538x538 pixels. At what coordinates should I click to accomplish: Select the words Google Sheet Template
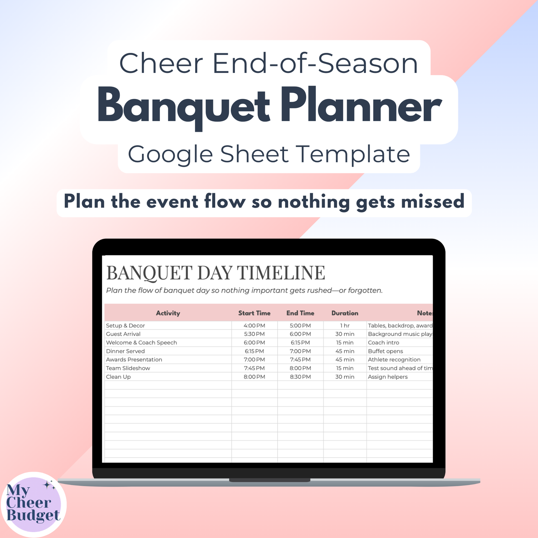(269, 154)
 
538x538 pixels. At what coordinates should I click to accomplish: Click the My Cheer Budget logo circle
(34, 504)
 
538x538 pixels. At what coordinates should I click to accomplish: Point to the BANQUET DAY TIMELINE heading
(216, 273)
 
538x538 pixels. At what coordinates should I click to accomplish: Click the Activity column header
(168, 313)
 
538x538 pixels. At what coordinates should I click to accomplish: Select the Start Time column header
(254, 313)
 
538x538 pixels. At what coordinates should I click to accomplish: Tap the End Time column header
(300, 313)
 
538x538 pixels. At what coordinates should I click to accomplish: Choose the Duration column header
(345, 313)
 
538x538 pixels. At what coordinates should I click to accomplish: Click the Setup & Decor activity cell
(125, 325)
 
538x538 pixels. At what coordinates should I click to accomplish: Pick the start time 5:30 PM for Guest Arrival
(254, 334)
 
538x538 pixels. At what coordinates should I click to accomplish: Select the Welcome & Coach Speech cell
(141, 343)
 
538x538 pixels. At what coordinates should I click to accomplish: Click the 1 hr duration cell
(345, 325)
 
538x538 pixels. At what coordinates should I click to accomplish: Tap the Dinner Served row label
(125, 351)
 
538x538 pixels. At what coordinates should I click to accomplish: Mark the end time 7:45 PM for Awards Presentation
(300, 360)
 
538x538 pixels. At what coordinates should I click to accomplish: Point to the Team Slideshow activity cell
(128, 368)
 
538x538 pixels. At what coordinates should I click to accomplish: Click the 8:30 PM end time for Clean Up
(300, 377)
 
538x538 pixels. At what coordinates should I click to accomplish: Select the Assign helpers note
(388, 377)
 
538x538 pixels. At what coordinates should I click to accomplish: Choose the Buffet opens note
(385, 351)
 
